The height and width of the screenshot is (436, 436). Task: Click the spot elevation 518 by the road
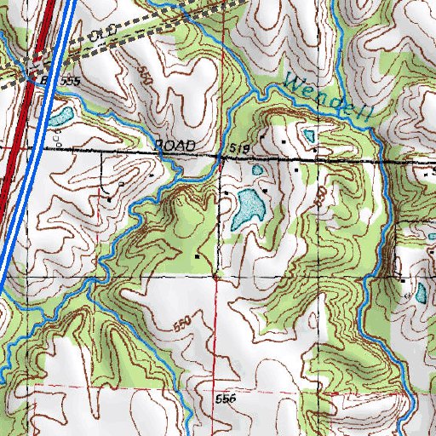(239, 150)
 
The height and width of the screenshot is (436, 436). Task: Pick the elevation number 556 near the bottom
(225, 399)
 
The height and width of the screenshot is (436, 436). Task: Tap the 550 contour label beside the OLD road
(144, 78)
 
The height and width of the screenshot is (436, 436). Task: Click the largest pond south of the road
(247, 209)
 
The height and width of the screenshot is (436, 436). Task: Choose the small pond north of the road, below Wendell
(308, 135)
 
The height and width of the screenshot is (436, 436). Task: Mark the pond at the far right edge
(420, 295)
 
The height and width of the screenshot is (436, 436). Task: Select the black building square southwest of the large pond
(198, 255)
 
